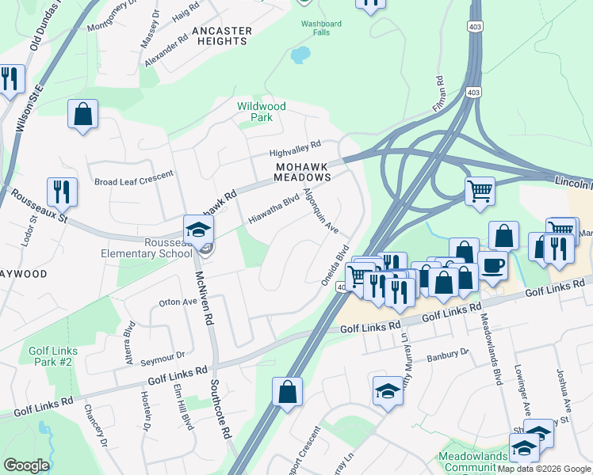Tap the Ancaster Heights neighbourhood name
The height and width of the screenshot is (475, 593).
(222, 36)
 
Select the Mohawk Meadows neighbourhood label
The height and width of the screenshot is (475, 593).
(303, 173)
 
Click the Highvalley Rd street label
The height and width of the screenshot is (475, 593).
(294, 146)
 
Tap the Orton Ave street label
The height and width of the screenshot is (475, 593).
(178, 302)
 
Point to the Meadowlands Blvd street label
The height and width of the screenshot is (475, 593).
(492, 348)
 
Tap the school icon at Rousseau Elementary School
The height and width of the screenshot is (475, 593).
(196, 230)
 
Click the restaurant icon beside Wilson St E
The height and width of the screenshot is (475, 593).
(10, 78)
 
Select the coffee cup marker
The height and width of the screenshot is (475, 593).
(492, 264)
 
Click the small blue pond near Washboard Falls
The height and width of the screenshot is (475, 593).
(300, 55)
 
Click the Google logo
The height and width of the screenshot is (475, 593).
(26, 465)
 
